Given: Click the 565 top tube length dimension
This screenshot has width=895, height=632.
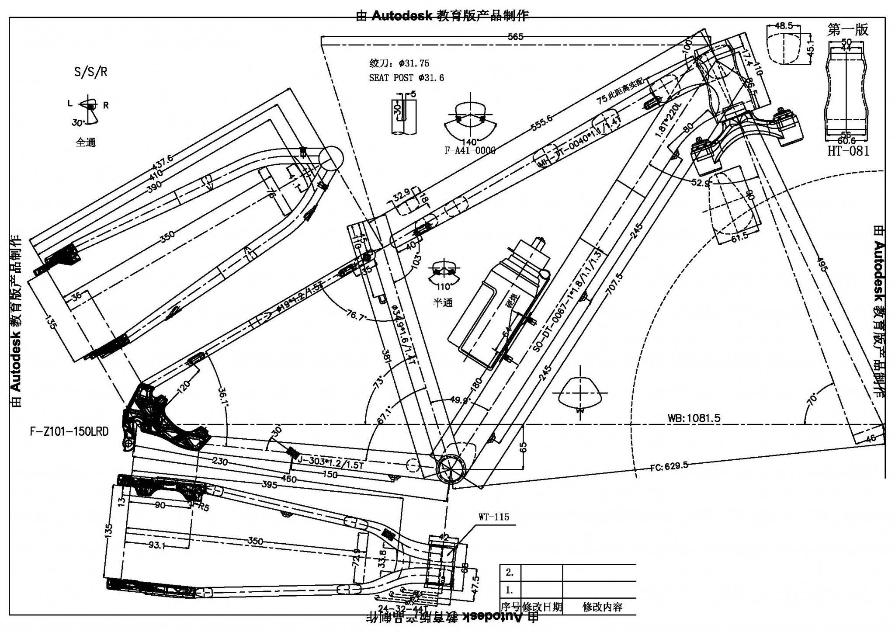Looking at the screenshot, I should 515,37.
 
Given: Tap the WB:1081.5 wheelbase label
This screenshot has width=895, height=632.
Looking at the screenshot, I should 694,418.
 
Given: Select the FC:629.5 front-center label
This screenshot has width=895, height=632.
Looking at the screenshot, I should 668,466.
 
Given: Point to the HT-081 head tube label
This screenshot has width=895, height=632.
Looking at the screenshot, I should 848,151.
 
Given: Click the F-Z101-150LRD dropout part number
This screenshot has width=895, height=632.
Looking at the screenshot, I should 69,432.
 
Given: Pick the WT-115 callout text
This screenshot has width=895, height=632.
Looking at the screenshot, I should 494,517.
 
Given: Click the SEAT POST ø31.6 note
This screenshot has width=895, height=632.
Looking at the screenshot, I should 406,78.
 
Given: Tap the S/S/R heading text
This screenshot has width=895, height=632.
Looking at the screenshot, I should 90,72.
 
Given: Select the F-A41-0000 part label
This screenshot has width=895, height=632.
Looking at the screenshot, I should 470,151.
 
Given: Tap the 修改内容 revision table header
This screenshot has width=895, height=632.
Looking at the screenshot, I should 602,607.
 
